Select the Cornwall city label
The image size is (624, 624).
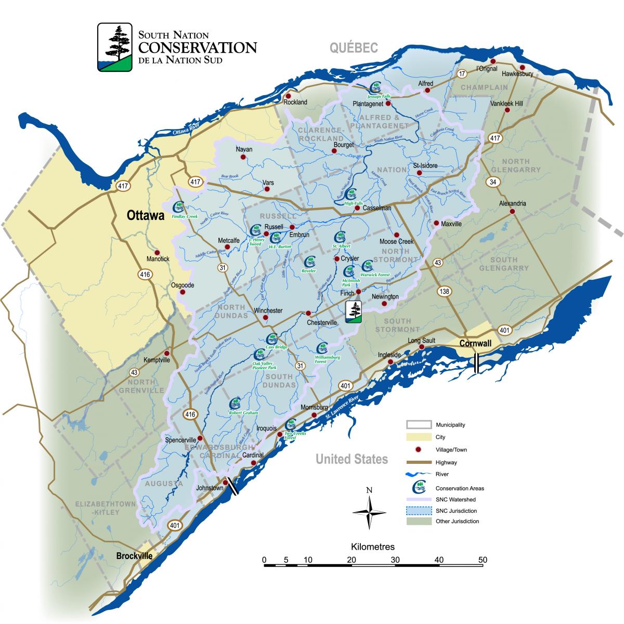[x=476, y=344]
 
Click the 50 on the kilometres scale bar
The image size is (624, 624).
[x=483, y=560]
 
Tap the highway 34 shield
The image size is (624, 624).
[x=492, y=182]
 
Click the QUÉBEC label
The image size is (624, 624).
[x=353, y=48]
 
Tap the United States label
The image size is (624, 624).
[x=352, y=459]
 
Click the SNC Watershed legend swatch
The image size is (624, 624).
[x=419, y=499]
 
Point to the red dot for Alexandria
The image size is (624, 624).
[x=512, y=212]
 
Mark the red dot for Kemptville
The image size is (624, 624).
[x=166, y=353]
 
